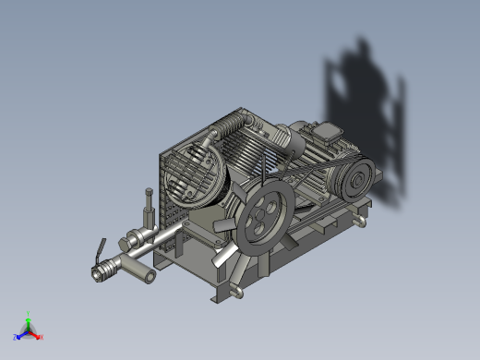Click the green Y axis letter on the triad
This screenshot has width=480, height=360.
[30, 313]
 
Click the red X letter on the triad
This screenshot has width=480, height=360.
[42, 337]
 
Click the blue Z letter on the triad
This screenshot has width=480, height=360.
[16, 337]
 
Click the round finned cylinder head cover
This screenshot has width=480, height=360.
[197, 174]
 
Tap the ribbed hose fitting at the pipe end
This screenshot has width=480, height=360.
[104, 270]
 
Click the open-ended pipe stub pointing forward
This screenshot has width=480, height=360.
[144, 273]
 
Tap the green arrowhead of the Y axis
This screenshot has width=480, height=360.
[30, 318]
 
